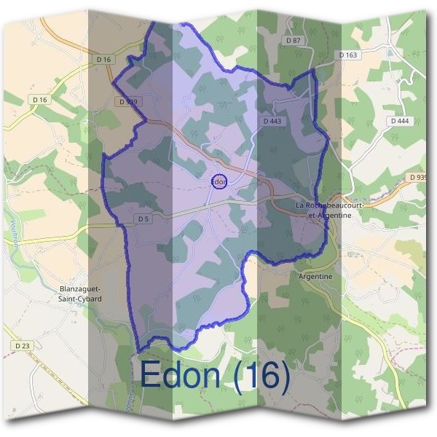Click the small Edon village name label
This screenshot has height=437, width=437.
click(x=219, y=181)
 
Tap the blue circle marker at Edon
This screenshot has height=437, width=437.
click(x=219, y=181)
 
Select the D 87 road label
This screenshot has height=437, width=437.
click(x=294, y=40)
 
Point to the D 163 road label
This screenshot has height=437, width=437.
click(x=349, y=55)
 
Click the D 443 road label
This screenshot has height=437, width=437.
click(x=272, y=120)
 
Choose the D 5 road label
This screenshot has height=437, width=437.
click(x=142, y=219)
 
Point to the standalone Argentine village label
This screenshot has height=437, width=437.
click(x=315, y=277)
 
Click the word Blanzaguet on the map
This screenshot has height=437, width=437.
click(x=80, y=288)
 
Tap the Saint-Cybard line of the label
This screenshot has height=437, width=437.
click(x=80, y=298)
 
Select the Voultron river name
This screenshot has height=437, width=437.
click(x=14, y=233)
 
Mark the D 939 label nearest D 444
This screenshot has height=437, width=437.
click(x=418, y=177)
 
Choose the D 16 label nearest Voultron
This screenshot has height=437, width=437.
click(x=39, y=99)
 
